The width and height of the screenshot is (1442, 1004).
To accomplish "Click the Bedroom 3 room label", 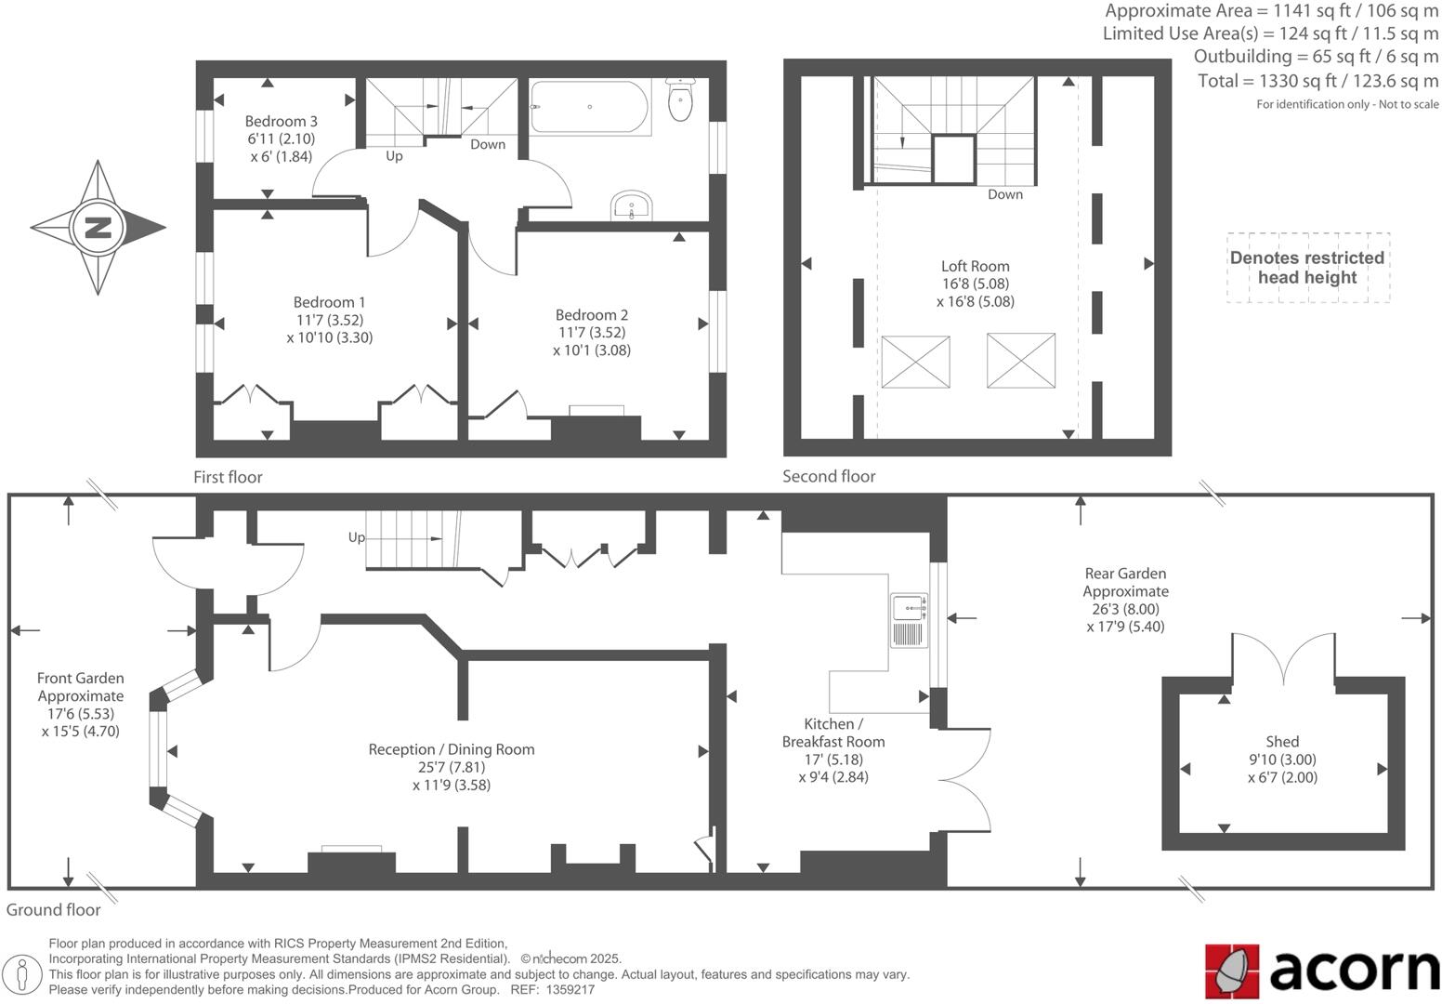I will (281, 122).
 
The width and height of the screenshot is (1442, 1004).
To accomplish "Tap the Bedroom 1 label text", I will (329, 302).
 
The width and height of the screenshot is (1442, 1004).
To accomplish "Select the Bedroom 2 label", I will (591, 315).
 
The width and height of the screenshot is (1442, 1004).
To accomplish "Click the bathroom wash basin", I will (632, 205).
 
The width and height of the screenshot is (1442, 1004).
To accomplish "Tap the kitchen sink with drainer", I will (909, 619).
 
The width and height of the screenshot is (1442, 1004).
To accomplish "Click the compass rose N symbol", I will (98, 227).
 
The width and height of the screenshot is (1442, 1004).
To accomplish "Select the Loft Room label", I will (975, 266).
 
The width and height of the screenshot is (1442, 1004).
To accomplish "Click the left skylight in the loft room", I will (915, 362).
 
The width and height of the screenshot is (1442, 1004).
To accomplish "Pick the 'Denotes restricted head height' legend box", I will (1307, 268).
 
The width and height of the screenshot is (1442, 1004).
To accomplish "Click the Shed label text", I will (1281, 742).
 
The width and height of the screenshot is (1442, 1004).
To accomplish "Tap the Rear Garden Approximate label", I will (1125, 583).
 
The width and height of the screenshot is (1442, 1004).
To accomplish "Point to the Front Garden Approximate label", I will (80, 687).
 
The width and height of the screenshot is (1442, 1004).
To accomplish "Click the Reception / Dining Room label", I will (451, 749).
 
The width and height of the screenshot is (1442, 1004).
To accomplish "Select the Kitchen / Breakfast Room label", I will (832, 733).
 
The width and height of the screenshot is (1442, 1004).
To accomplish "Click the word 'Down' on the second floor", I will (1004, 194).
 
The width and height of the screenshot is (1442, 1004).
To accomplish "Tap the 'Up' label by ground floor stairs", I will (357, 537).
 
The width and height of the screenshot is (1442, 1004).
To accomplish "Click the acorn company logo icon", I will (1232, 970).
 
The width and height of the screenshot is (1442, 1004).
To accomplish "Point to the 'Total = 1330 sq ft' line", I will (1317, 81).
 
